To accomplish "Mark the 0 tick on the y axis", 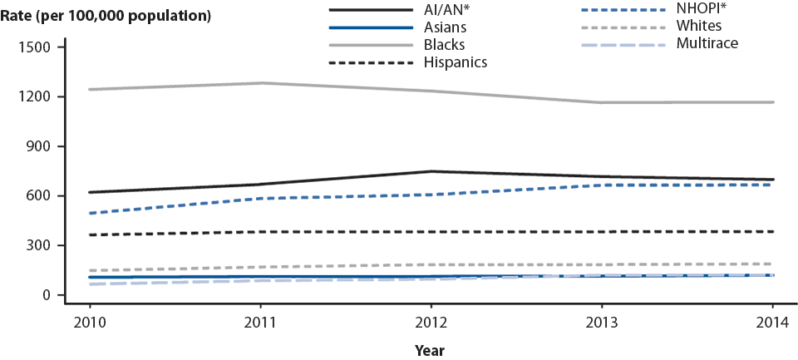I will (47, 295).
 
